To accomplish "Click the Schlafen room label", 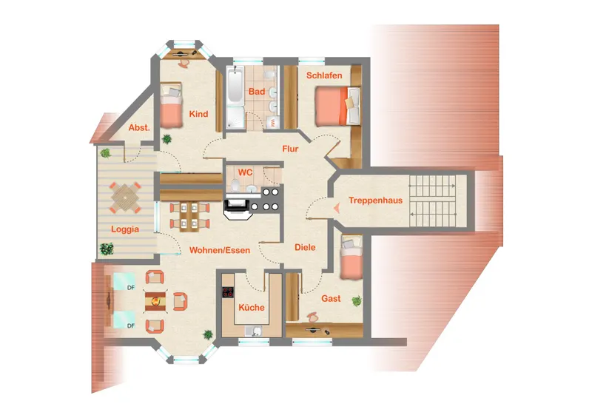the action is click(x=324, y=75).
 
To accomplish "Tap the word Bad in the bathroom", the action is click(x=257, y=92).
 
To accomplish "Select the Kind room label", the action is click(x=198, y=114).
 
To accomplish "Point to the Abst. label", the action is click(x=139, y=128).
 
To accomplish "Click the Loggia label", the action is click(x=125, y=229).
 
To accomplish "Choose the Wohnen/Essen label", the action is click(x=220, y=250).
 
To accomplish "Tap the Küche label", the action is click(x=252, y=307).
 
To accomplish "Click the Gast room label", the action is click(x=331, y=298).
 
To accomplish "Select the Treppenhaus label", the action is click(x=376, y=200).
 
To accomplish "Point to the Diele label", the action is click(x=305, y=247).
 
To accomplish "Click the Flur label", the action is click(x=290, y=149).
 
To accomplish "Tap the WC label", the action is click(x=245, y=172).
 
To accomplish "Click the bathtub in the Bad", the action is click(x=235, y=85).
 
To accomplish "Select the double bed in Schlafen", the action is click(x=337, y=106).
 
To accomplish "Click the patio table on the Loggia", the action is click(x=125, y=198).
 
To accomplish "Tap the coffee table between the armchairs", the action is click(x=155, y=301).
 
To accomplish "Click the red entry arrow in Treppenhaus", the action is click(x=336, y=207).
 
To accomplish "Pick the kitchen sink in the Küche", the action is click(x=254, y=331).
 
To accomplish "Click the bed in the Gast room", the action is click(x=351, y=257).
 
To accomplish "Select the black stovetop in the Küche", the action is click(x=228, y=292).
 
